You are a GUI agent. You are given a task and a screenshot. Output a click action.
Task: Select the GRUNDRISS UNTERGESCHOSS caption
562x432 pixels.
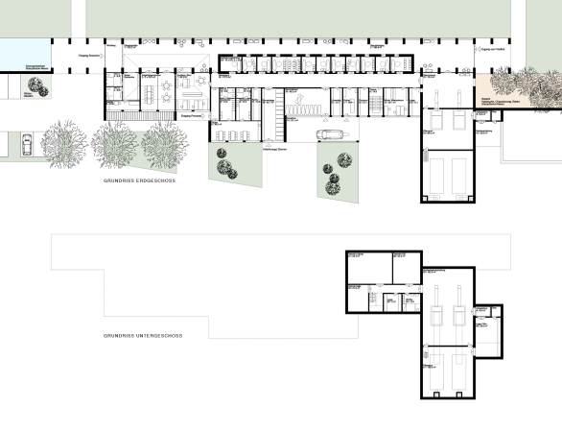143,336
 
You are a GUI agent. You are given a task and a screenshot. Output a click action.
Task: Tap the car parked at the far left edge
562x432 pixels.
25,145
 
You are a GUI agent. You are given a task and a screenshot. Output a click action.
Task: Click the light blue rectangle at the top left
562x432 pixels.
22,53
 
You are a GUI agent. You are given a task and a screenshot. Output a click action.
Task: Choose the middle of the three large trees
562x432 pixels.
115,144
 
